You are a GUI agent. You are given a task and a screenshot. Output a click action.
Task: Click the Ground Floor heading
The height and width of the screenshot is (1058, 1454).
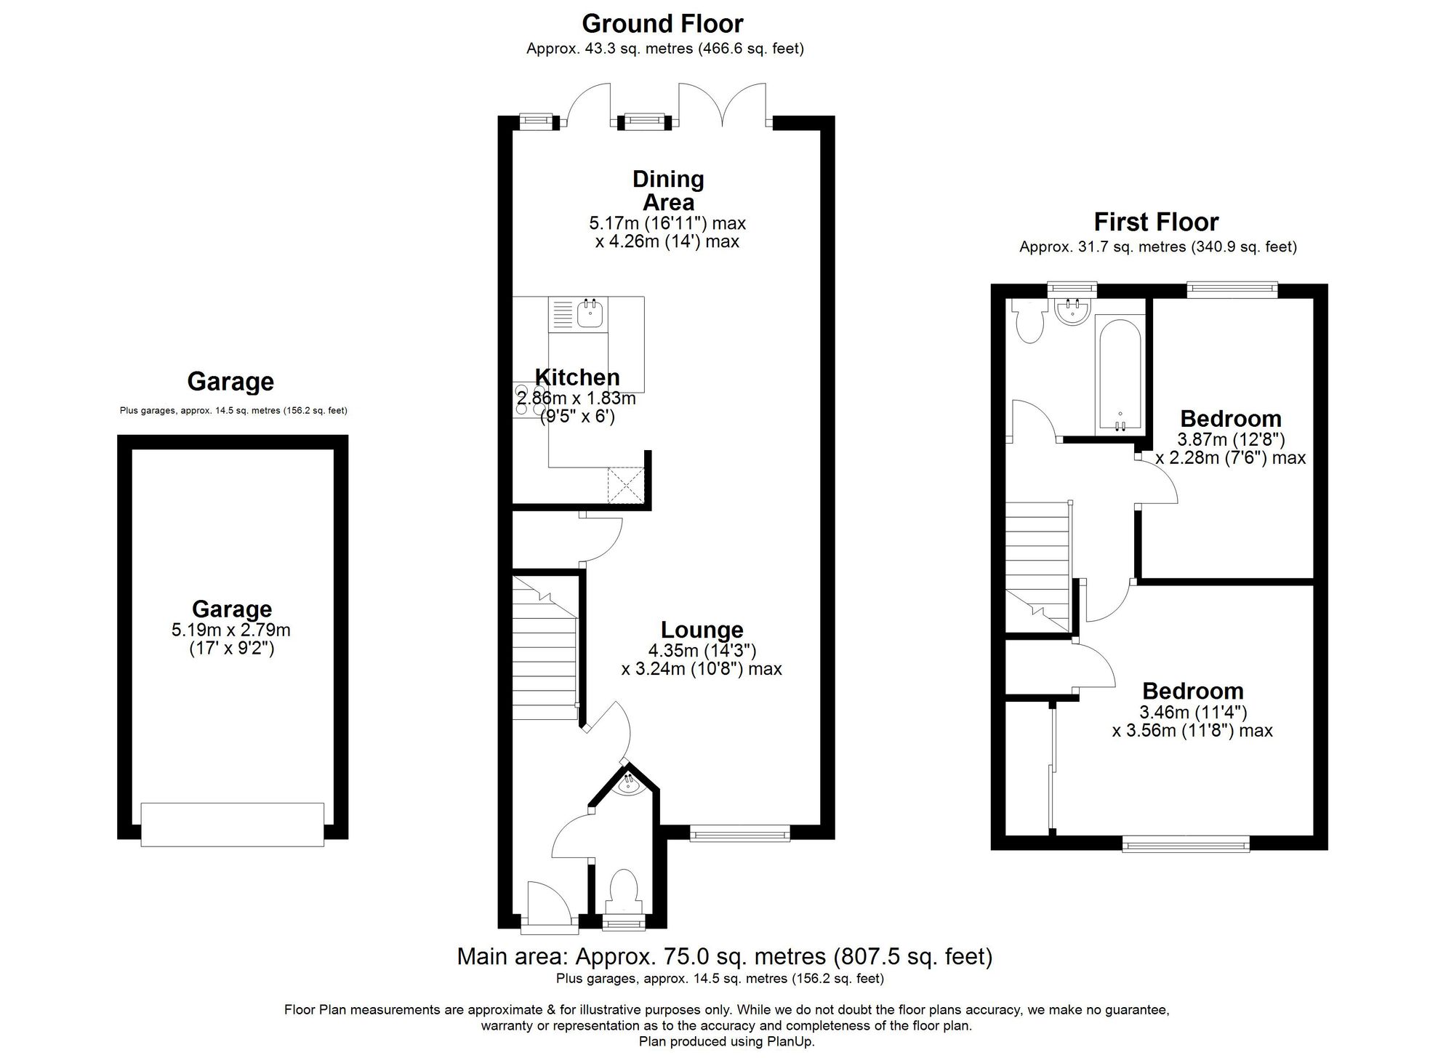tap(662, 24)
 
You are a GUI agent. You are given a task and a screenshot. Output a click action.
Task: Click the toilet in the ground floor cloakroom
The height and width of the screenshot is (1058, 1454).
tap(623, 891)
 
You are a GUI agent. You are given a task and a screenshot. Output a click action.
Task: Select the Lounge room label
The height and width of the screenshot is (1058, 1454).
tap(702, 630)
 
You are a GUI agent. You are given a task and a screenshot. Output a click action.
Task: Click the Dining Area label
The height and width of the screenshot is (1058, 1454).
tap(668, 191)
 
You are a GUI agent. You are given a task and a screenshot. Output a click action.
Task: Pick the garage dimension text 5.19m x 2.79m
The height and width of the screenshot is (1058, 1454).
tap(231, 630)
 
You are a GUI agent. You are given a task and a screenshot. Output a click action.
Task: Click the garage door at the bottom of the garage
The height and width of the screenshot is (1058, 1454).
tap(232, 824)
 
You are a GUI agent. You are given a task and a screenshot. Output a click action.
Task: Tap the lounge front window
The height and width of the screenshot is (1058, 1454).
tap(739, 833)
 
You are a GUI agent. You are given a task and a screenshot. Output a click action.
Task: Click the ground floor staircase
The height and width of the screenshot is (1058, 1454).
tap(545, 647)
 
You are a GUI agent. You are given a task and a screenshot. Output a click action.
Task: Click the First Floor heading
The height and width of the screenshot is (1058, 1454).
tap(1156, 222)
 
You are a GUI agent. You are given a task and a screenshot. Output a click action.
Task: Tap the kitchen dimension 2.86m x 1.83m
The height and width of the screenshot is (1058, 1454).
tap(576, 398)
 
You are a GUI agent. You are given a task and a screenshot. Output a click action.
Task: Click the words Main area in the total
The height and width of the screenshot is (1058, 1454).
tap(513, 956)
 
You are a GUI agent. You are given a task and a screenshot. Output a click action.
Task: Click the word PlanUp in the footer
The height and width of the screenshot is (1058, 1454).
tap(790, 1041)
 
